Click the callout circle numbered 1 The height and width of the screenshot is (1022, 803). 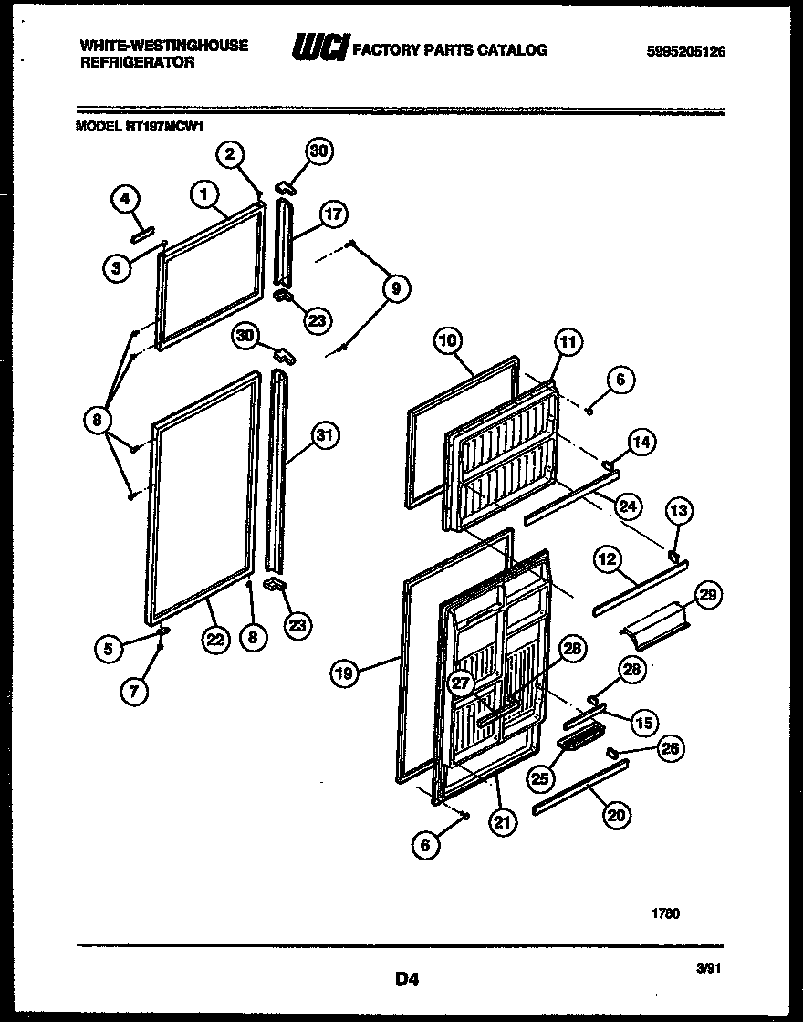point(204,193)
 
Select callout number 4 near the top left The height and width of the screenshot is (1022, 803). point(126,200)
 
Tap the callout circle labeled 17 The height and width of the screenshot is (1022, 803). point(334,215)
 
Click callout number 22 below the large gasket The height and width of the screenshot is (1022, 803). point(214,640)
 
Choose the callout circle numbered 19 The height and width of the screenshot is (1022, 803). point(343,674)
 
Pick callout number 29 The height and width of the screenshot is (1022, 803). point(708,596)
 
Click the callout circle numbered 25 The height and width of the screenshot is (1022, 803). point(540,777)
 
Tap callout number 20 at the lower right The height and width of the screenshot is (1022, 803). point(617,816)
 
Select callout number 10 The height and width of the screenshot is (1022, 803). point(446,342)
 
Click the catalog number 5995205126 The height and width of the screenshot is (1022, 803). point(685,52)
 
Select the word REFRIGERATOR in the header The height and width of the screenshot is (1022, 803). point(137,63)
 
